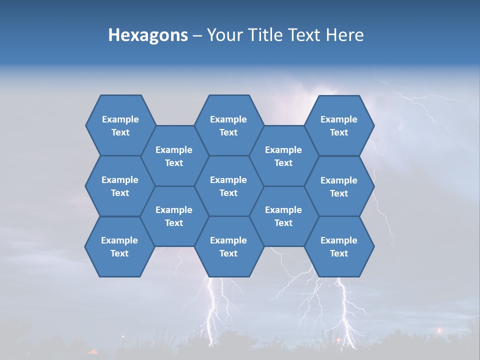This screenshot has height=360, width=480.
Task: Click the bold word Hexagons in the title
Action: tap(148, 35)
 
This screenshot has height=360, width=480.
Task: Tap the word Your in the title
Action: tap(223, 35)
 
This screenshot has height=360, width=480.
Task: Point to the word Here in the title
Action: tap(345, 35)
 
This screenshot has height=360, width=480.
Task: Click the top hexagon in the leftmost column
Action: tap(120, 125)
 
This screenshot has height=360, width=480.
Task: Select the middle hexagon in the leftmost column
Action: tap(120, 186)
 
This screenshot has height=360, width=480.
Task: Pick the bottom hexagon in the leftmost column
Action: tap(119, 246)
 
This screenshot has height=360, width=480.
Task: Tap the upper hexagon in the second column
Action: tap(174, 156)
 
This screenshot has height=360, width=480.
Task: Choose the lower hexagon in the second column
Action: tap(174, 216)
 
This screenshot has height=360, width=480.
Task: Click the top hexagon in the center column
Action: tap(228, 125)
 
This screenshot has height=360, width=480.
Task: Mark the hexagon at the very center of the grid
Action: tap(228, 186)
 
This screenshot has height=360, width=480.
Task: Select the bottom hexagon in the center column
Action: tap(228, 246)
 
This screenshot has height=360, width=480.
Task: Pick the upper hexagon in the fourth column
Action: tap(283, 156)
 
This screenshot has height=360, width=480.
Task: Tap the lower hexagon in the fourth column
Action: tap(283, 216)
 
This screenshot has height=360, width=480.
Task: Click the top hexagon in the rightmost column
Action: tap(339, 125)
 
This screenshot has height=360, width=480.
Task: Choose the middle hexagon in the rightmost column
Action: tap(339, 186)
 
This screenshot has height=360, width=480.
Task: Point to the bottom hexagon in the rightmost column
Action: tap(339, 246)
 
